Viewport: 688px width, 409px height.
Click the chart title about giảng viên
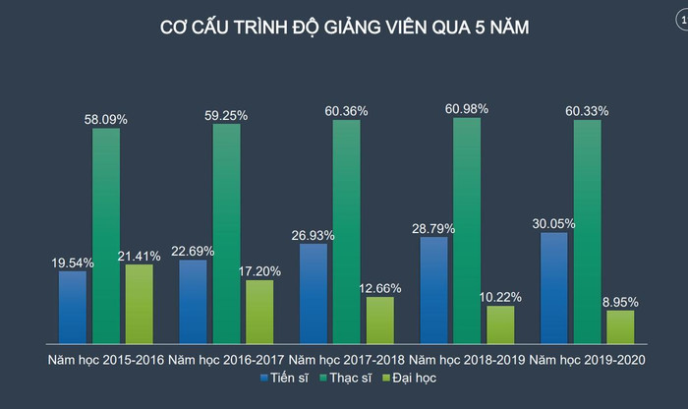pyautogui.click(x=344, y=29)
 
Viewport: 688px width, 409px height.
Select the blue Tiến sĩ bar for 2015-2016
pyautogui.click(x=73, y=306)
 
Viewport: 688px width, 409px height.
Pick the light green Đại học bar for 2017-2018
pyautogui.click(x=380, y=319)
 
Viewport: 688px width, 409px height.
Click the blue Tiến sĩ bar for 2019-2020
pyautogui.click(x=554, y=286)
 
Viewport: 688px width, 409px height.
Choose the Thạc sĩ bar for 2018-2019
pyautogui.click(x=467, y=229)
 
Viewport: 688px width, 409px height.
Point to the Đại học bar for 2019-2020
pyautogui.click(x=620, y=325)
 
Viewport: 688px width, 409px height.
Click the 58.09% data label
pyautogui.click(x=106, y=119)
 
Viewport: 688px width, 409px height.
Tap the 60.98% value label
pyautogui.click(x=467, y=108)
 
